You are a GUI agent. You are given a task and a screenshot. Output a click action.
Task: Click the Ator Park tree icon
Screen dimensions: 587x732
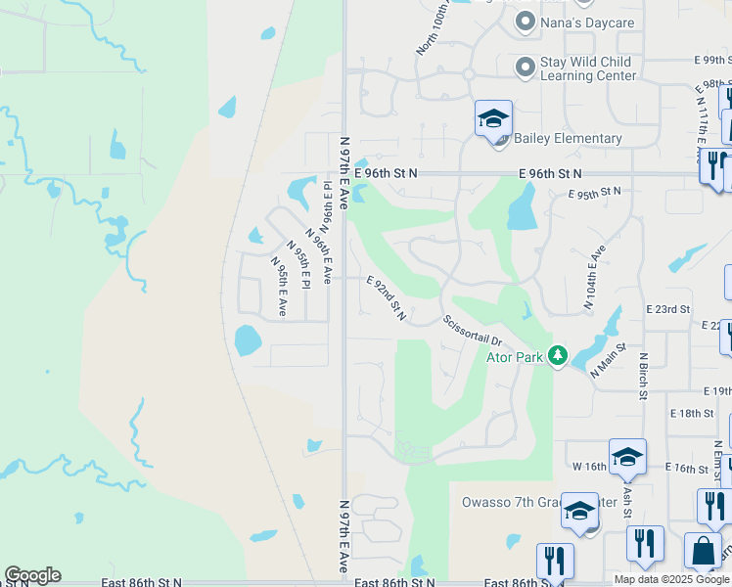pyautogui.click(x=558, y=355)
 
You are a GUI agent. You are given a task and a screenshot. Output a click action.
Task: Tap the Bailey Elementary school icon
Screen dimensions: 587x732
pyautogui.click(x=493, y=120)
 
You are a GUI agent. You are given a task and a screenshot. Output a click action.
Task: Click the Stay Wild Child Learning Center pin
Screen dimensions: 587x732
pyautogui.click(x=526, y=67)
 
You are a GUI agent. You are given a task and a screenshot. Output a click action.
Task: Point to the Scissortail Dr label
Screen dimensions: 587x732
pyautogui.click(x=472, y=330)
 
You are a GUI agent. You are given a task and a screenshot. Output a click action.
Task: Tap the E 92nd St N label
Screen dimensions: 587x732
pyautogui.click(x=386, y=299)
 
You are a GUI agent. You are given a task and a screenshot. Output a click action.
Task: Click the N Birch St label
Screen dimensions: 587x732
pyautogui.click(x=644, y=376)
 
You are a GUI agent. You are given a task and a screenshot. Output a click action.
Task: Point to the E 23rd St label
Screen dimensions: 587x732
pyautogui.click(x=667, y=309)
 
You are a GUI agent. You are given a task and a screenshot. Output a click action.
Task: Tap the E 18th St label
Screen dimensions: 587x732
pyautogui.click(x=692, y=414)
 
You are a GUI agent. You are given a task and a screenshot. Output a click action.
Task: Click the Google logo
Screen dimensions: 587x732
pyautogui.click(x=32, y=575)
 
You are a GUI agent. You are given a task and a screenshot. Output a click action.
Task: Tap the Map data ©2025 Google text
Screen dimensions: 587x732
pyautogui.click(x=672, y=579)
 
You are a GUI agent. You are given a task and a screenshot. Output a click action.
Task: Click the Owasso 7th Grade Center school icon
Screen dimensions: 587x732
pyautogui.click(x=579, y=512)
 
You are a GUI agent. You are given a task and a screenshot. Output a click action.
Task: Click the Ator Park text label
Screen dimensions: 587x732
pyautogui.click(x=515, y=357)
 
